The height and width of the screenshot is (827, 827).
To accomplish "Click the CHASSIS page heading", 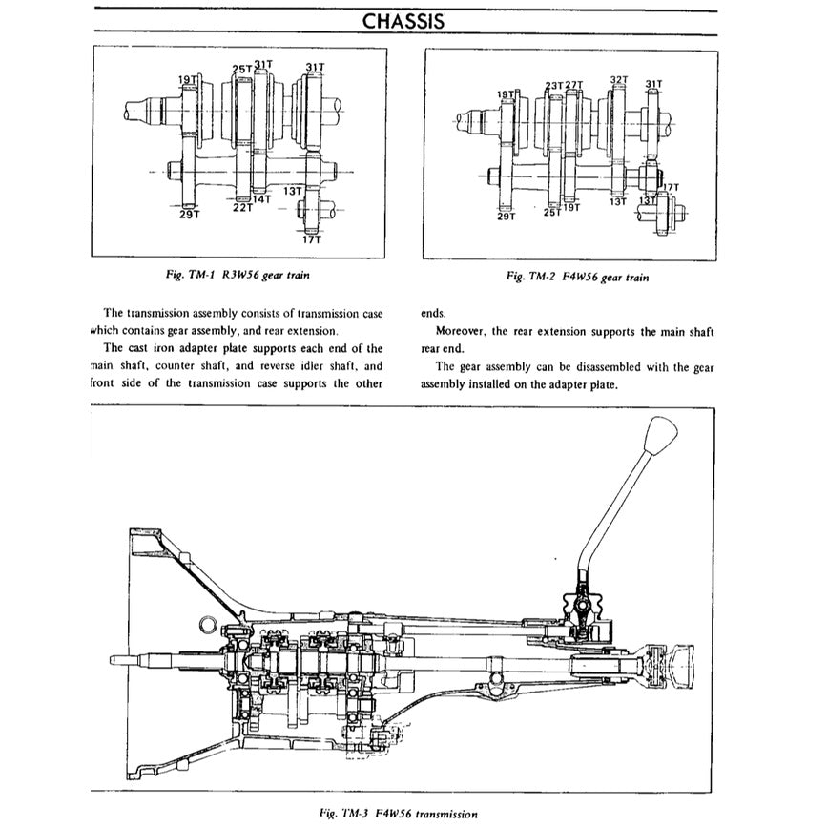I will [403, 21].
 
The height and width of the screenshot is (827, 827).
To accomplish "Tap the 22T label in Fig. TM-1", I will [242, 207].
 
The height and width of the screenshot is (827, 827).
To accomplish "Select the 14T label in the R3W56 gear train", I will [261, 199].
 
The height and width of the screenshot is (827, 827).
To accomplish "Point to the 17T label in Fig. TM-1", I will [312, 240].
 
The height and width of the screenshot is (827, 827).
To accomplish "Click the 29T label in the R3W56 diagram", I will [189, 215].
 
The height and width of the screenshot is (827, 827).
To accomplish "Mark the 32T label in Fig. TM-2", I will [618, 81].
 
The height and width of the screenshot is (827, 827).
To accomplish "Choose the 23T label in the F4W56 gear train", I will [554, 85].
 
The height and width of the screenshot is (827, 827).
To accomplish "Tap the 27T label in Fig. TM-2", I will [573, 85].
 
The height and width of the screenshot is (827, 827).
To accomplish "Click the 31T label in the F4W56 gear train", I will [653, 84].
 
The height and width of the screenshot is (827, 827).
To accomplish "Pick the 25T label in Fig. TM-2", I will [551, 212].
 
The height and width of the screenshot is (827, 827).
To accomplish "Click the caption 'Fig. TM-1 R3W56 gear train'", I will [238, 275].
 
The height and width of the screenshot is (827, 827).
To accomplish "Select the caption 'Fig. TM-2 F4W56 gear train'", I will [578, 277].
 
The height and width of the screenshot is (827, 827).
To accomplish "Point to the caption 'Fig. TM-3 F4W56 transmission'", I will [400, 814].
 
